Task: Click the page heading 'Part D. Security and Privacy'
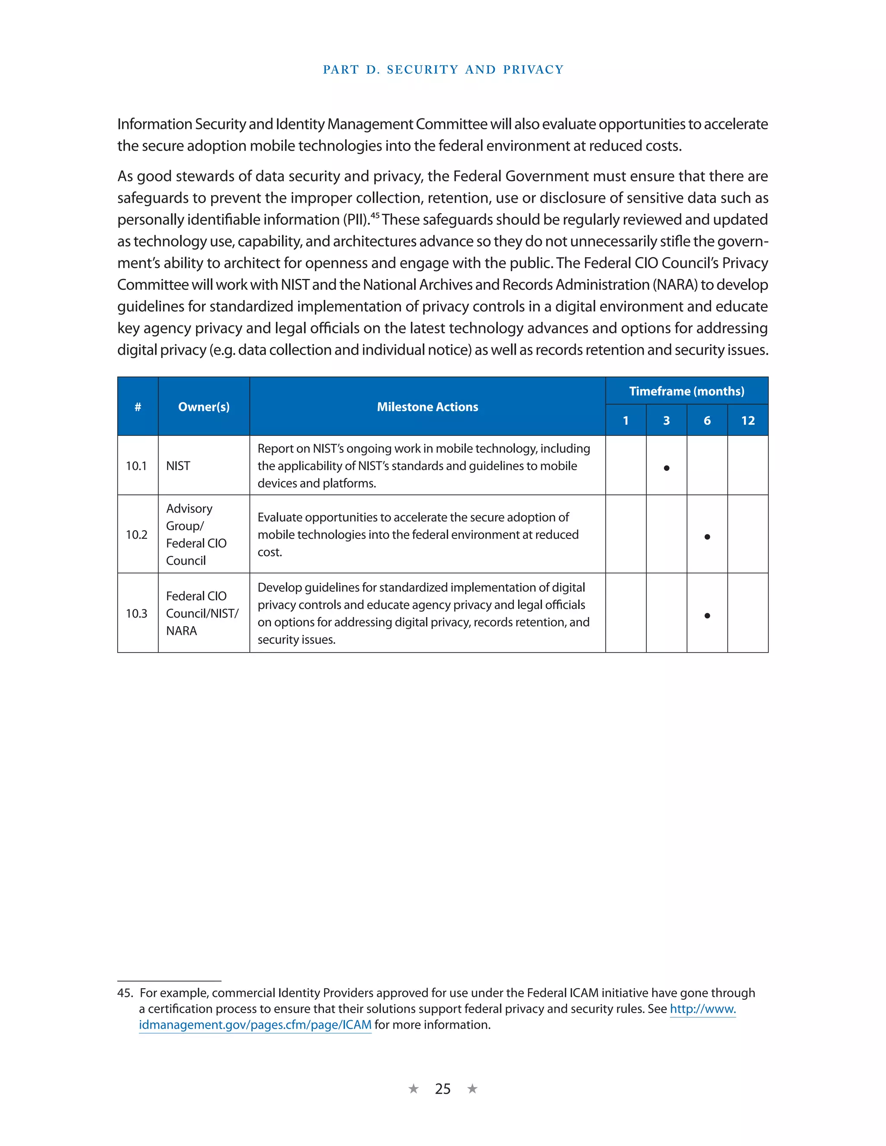point(443,70)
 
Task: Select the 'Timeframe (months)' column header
point(686,391)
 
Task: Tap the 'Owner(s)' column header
point(204,407)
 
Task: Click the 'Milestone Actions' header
point(427,407)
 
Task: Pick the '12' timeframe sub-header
point(748,420)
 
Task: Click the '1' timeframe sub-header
point(626,420)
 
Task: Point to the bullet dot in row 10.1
point(666,467)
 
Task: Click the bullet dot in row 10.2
point(707,536)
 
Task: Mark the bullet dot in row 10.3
point(707,615)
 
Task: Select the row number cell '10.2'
point(136,535)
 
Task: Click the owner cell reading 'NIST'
point(178,466)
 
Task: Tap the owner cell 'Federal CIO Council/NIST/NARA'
point(202,613)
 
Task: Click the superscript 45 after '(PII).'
point(375,215)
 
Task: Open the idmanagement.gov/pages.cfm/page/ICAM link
point(255,1025)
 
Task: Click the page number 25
point(443,1089)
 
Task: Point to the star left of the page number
point(414,1089)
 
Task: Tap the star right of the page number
point(472,1089)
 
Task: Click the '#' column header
point(138,407)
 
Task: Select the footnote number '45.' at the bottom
point(125,993)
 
